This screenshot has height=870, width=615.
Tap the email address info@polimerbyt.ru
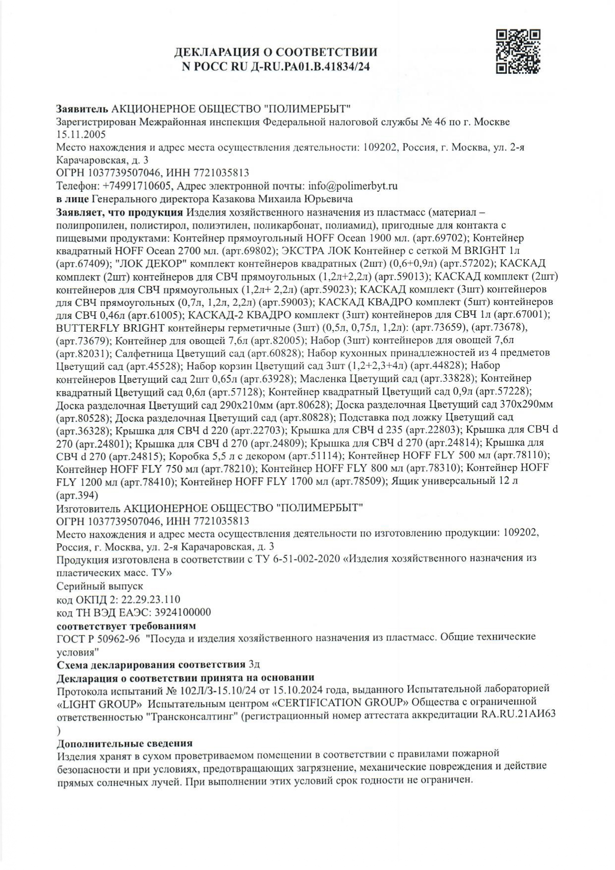353,186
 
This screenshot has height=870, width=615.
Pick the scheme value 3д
254,664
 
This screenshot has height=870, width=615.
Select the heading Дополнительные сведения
124,743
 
